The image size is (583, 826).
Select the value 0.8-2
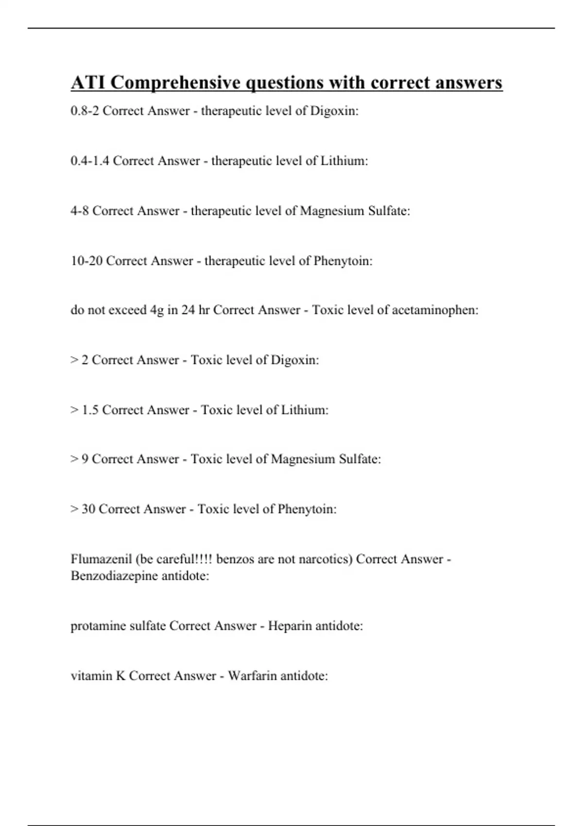pyautogui.click(x=85, y=111)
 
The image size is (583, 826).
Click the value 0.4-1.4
pyautogui.click(x=90, y=161)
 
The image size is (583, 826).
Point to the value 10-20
pyautogui.click(x=86, y=261)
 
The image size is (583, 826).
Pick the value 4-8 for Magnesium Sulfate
pyautogui.click(x=80, y=211)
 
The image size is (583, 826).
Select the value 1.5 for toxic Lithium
pyautogui.click(x=90, y=410)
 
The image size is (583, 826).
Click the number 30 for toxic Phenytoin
pyautogui.click(x=88, y=509)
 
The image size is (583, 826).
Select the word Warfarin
pyautogui.click(x=253, y=676)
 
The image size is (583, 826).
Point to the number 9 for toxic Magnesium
pyautogui.click(x=85, y=459)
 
